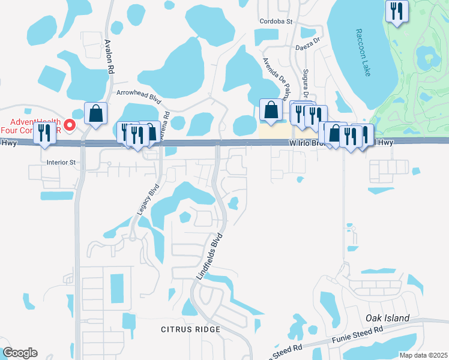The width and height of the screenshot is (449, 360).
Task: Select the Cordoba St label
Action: tap(276, 22)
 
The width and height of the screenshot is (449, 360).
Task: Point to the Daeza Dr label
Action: tap(309, 46)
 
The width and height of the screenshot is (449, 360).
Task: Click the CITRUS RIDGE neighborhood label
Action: tap(190, 329)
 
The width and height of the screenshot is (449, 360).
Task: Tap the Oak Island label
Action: tap(388, 318)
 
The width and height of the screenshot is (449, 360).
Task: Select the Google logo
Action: tap(20, 353)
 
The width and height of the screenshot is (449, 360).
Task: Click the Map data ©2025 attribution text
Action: tap(423, 355)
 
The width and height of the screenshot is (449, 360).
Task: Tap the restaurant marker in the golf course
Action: tap(397, 11)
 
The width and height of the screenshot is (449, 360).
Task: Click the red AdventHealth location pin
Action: tap(70, 125)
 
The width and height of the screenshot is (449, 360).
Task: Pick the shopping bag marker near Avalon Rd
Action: tap(95, 113)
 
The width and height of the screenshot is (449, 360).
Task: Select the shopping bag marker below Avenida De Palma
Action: tap(271, 110)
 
